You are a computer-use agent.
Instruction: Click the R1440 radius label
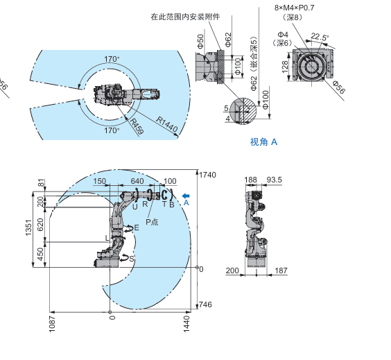pyautogui.click(x=167, y=124)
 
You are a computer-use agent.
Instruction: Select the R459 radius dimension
pyautogui.click(x=137, y=126)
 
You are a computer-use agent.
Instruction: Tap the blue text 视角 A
pyautogui.click(x=263, y=142)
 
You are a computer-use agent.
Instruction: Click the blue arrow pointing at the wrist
pyautogui.click(x=186, y=196)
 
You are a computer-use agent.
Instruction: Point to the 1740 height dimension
pyautogui.click(x=207, y=175)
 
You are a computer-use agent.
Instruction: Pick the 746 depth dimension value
pyautogui.click(x=205, y=305)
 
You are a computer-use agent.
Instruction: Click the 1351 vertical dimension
pyautogui.click(x=28, y=228)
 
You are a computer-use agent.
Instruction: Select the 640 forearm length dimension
pyautogui.click(x=137, y=181)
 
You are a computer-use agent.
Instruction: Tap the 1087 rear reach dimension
pyautogui.click(x=52, y=324)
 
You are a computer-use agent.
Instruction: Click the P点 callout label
pyautogui.click(x=152, y=222)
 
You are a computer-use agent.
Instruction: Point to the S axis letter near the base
pyautogui.click(x=132, y=259)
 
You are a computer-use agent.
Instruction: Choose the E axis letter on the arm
pyautogui.click(x=137, y=228)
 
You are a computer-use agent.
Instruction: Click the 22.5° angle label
pyautogui.click(x=320, y=37)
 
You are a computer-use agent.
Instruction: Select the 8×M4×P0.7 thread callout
pyautogui.click(x=294, y=8)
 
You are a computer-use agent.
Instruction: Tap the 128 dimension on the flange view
pyautogui.click(x=285, y=67)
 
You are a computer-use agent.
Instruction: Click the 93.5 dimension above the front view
pyautogui.click(x=275, y=180)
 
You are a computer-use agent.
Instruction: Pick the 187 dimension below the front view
pyautogui.click(x=281, y=271)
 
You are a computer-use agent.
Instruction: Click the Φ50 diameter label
pyautogui.click(x=200, y=41)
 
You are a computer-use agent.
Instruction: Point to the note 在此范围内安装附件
pyautogui.click(x=185, y=17)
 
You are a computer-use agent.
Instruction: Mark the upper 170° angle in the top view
pyautogui.click(x=112, y=59)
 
